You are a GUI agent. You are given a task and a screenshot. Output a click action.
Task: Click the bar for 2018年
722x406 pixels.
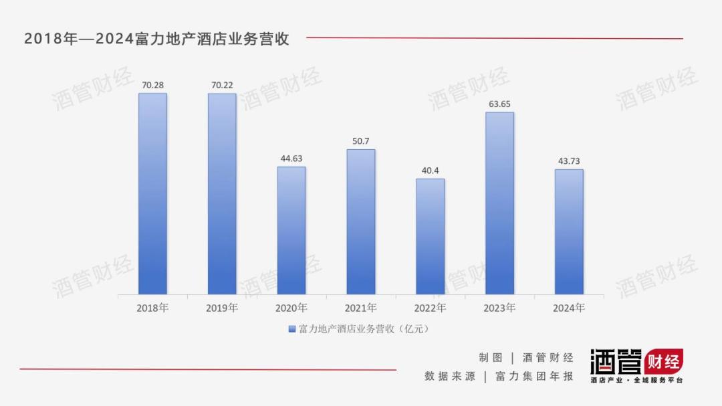pos(152,194)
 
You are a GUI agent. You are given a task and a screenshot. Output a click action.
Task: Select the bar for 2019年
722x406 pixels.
pos(222,194)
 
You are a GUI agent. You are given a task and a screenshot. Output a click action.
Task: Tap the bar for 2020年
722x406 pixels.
pos(291,231)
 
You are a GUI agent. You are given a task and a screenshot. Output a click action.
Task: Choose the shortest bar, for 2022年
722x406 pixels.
pos(431,237)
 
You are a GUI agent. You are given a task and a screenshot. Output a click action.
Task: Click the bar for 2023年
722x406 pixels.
pos(499,203)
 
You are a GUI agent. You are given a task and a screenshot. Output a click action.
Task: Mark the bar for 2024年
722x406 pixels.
pos(569,232)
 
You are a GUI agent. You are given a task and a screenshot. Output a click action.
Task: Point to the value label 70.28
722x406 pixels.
pos(152,85)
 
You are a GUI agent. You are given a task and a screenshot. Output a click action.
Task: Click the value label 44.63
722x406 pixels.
pos(291,159)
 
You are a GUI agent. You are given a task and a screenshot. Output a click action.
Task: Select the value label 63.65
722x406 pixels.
pos(499,104)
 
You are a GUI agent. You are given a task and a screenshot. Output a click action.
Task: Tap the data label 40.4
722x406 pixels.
pos(431,171)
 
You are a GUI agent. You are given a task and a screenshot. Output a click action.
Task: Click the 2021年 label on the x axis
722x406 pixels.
pos(361,308)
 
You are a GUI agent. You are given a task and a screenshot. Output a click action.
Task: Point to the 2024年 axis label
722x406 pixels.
pos(569,308)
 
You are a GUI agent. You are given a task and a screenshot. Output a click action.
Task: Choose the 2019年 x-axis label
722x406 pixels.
pos(222,308)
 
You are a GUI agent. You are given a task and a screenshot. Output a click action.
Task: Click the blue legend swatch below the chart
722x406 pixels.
pos(291,329)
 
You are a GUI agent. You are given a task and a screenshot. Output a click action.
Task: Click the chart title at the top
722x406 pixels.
pos(156,39)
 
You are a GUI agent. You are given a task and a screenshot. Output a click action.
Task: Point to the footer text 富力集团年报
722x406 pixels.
pos(534,377)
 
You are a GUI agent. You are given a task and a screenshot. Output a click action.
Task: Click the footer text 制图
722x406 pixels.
pos(490,358)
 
